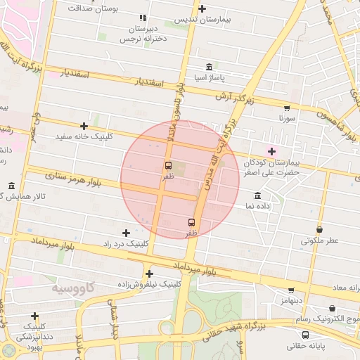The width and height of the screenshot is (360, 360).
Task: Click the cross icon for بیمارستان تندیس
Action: tap(202, 9)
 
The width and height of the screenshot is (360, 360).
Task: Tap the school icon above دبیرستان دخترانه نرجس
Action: tap(143, 18)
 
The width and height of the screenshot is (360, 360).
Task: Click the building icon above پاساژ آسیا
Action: tap(209, 67)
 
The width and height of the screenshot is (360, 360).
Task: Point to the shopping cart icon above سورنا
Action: tap(286, 108)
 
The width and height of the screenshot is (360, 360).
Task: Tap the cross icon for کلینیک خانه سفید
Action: tap(84, 126)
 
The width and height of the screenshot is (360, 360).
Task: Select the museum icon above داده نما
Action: tap(257, 195)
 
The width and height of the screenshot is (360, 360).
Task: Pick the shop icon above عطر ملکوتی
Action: tap(320, 229)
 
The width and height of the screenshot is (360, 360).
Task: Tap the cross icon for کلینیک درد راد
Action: tap(126, 233)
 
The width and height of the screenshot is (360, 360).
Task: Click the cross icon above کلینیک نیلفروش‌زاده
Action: tap(149, 274)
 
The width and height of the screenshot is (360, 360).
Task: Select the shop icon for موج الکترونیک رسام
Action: tap(332, 309)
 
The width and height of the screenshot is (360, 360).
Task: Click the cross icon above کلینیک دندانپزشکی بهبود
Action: tap(34, 316)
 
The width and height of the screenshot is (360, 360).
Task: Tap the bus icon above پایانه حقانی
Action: tap(306, 334)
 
